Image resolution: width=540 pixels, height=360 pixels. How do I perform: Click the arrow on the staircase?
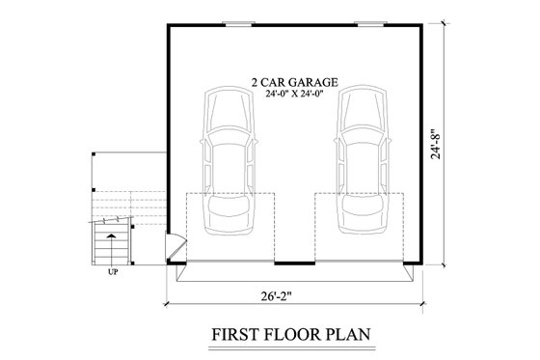coord(113,233)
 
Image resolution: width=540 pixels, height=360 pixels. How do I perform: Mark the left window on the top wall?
coord(233,22)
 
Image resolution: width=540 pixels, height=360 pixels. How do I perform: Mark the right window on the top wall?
coord(365,22)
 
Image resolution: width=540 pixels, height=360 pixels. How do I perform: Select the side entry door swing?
coord(175,249)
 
